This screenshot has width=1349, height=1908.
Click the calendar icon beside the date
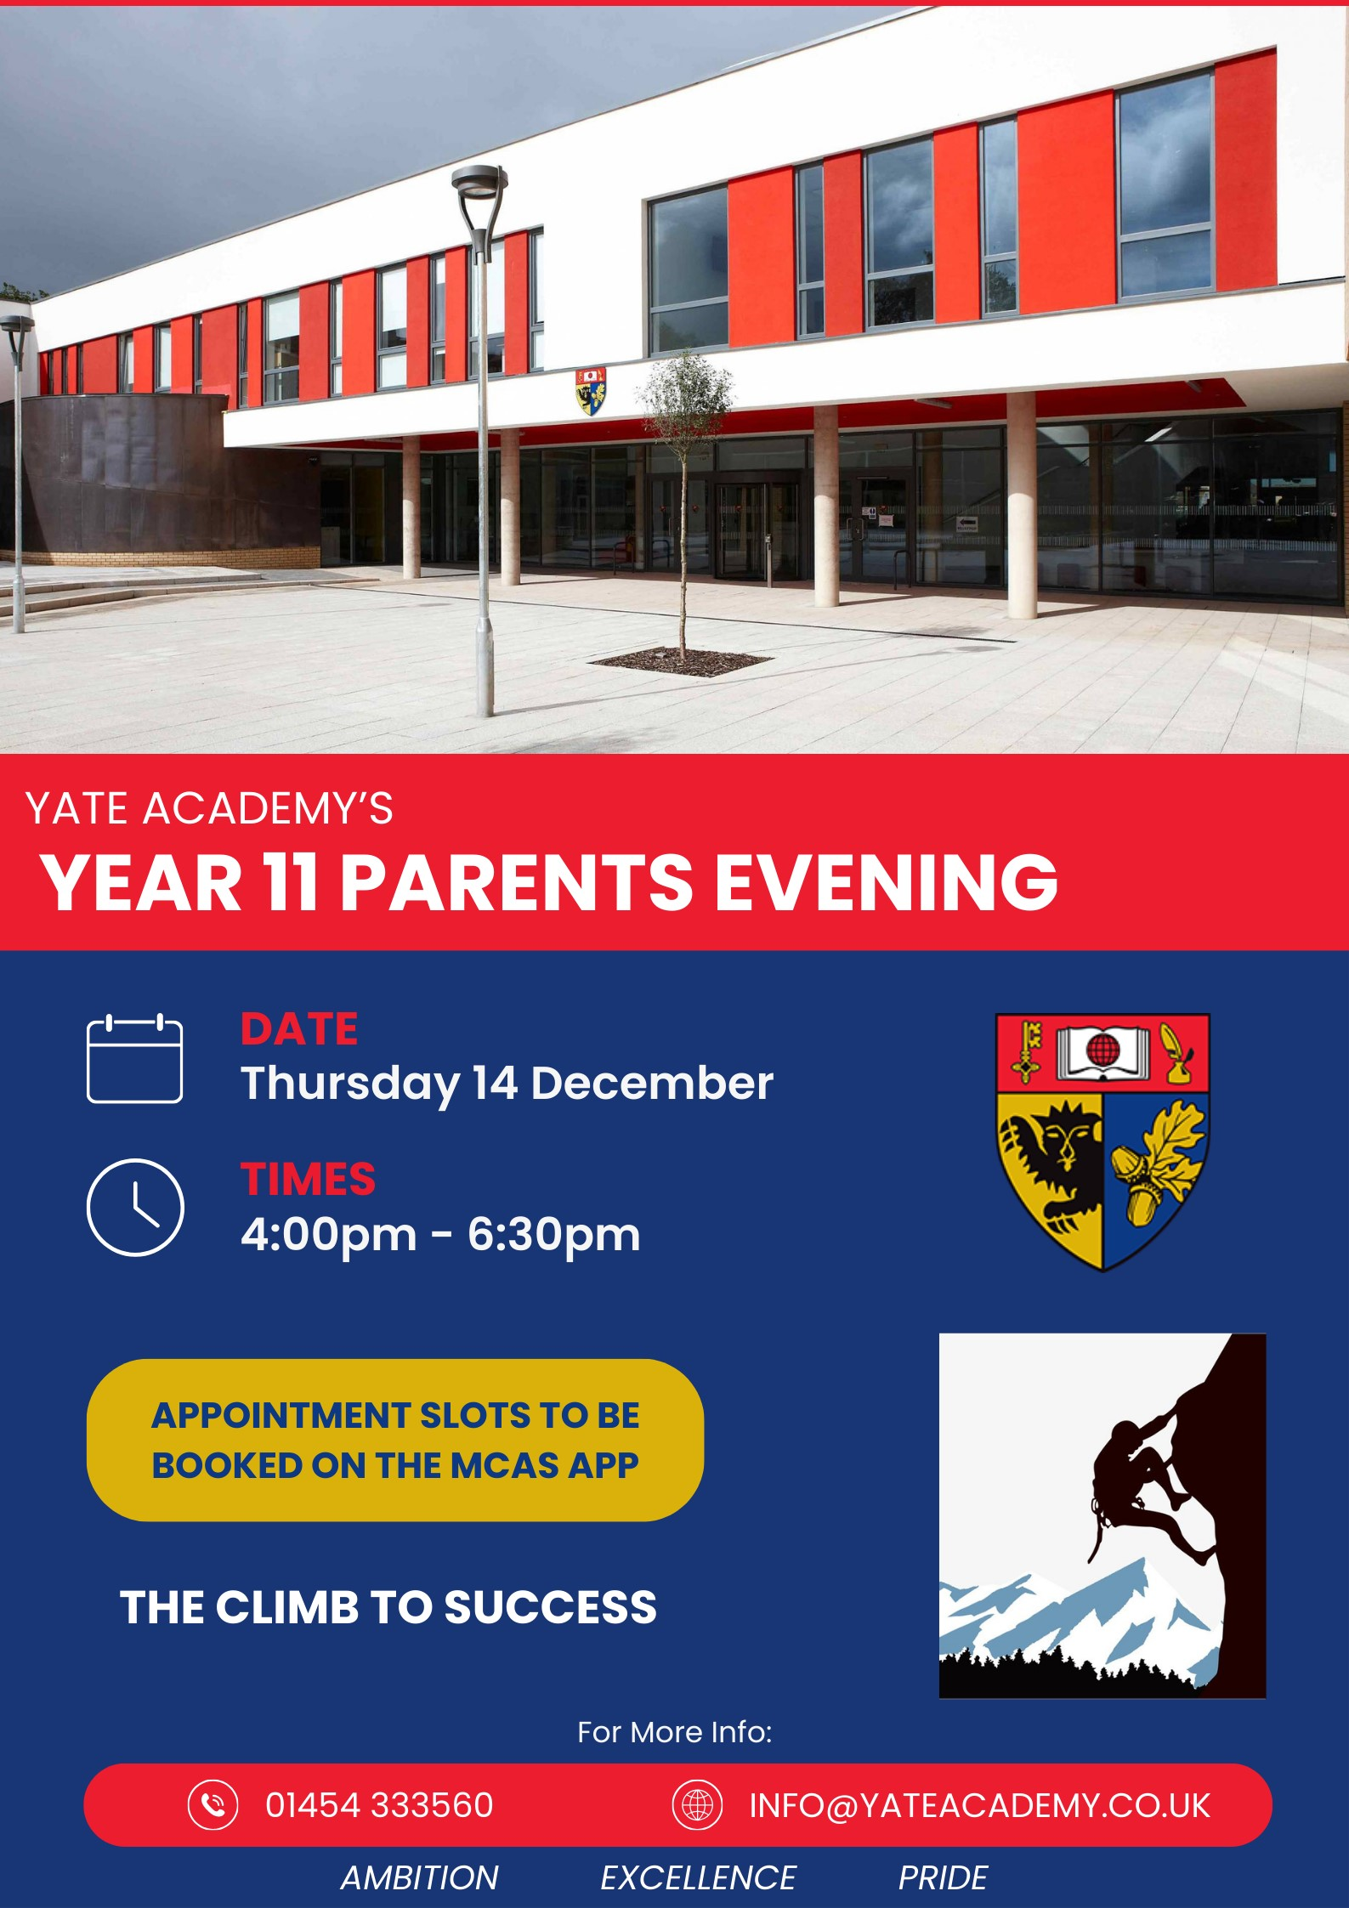click(134, 1058)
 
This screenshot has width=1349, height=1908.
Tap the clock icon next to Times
click(135, 1207)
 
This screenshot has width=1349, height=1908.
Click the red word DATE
click(299, 1029)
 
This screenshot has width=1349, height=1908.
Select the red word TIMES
click(308, 1179)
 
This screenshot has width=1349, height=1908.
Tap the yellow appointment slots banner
click(395, 1440)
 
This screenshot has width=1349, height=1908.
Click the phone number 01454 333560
click(379, 1804)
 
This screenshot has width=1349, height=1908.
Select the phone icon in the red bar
click(213, 1804)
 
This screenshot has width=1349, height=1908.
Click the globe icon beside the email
click(697, 1804)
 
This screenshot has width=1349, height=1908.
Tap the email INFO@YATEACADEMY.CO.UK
click(979, 1805)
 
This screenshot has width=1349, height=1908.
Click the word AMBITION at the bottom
click(420, 1877)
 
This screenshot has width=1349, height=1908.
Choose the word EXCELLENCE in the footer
click(698, 1877)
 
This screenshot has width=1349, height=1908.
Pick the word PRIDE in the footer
click(943, 1877)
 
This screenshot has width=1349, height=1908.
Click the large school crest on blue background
click(1102, 1141)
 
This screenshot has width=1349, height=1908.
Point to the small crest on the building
click(590, 390)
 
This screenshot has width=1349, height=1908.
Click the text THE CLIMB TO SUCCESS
click(388, 1607)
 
